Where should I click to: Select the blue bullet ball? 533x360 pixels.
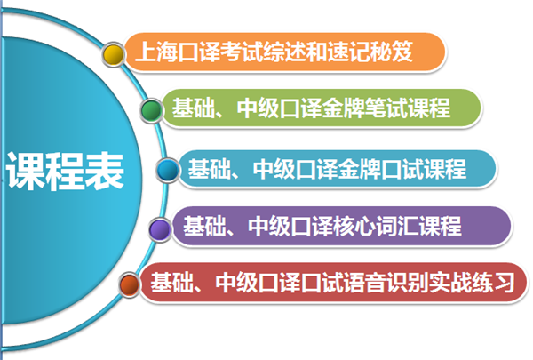(x=168, y=168)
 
